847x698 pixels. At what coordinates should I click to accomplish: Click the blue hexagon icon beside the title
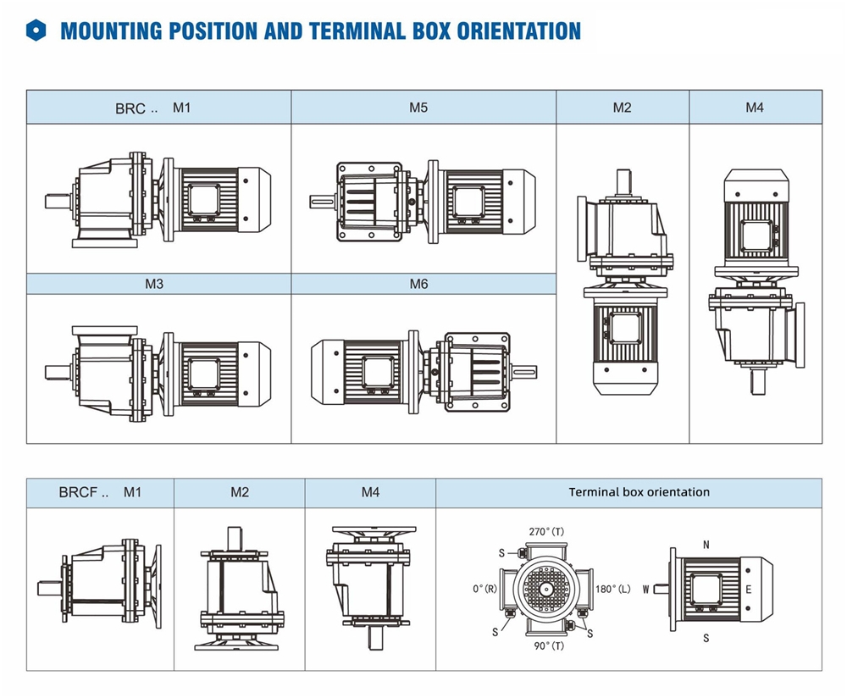coord(36,31)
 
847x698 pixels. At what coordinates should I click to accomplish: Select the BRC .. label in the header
coord(136,108)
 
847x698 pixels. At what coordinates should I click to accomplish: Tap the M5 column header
coord(418,108)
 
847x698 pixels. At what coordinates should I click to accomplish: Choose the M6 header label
coord(418,284)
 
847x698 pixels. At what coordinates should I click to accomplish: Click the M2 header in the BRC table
coord(623,108)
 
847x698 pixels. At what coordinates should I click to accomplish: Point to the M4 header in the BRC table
coord(755,108)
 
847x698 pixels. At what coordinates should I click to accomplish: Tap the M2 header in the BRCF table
coord(240,492)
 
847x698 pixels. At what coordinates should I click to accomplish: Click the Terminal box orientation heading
coord(639,492)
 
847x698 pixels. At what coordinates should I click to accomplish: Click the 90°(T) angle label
coord(550,645)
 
